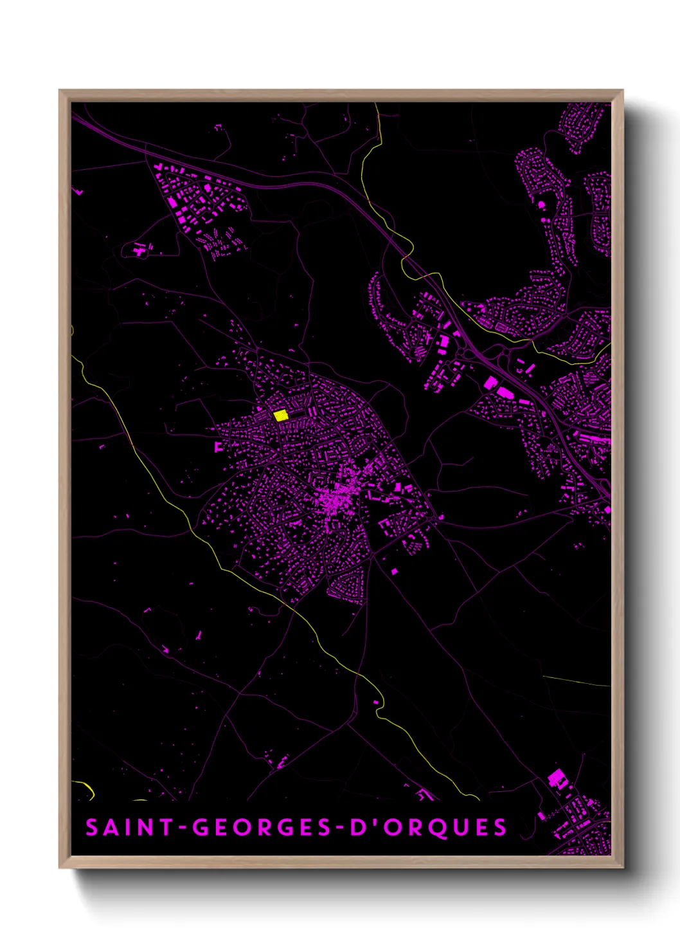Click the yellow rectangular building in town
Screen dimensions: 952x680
coord(280,416)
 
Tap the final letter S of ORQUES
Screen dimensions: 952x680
coord(500,827)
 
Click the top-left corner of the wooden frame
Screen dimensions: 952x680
coord(60,91)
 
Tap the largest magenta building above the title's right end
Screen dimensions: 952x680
coord(555,777)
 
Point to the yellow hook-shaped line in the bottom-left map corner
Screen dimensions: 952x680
coord(87,787)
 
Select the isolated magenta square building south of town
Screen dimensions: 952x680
coord(394,571)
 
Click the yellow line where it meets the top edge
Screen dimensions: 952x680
coord(377,105)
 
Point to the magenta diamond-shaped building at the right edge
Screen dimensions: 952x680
coord(607,509)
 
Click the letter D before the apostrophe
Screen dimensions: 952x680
coord(357,827)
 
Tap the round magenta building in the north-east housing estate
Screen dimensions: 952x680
coord(541,205)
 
